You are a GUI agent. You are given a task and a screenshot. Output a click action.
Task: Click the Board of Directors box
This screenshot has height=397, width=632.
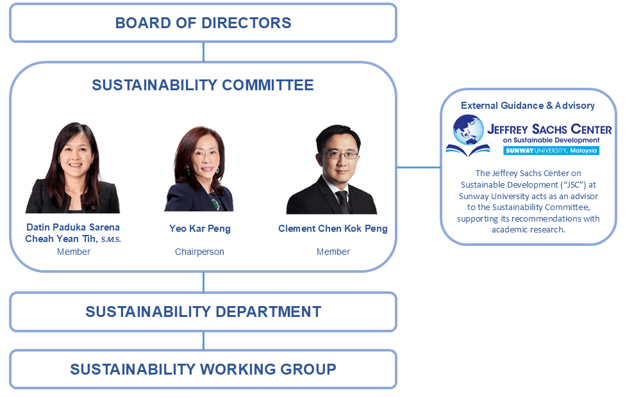[x=203, y=23]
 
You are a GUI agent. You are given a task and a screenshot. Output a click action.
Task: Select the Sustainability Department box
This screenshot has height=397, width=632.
[x=203, y=312]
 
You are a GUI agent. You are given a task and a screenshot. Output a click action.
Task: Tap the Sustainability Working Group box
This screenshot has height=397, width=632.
[x=203, y=369]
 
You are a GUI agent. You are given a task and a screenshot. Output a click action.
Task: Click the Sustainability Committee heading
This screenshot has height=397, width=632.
[x=203, y=85]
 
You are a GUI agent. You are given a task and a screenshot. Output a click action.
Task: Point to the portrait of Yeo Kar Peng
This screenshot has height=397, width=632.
[x=199, y=168]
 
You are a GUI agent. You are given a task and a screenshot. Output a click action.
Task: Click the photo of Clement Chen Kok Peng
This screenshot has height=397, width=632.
[x=332, y=169]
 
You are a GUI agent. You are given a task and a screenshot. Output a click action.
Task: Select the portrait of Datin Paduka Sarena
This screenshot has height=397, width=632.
[x=73, y=168]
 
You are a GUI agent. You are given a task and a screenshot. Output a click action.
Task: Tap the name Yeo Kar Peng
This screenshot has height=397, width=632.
[x=200, y=229]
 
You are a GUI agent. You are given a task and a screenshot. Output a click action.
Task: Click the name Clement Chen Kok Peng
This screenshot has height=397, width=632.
[x=333, y=229]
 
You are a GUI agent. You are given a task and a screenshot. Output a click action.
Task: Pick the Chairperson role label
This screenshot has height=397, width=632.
[x=199, y=252]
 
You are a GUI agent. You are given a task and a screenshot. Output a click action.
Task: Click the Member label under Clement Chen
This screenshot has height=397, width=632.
[x=333, y=252]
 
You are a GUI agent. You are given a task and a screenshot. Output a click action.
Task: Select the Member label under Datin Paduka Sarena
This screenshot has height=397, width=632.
[x=74, y=252]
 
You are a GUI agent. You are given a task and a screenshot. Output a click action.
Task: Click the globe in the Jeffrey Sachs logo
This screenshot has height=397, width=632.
[x=468, y=129]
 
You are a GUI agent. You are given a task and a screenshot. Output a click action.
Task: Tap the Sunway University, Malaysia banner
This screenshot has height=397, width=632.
[x=551, y=150]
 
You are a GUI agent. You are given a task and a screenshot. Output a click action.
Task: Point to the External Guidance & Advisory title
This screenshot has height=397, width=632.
[x=528, y=106]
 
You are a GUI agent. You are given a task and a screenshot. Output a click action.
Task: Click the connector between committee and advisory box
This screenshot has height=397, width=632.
[x=419, y=167]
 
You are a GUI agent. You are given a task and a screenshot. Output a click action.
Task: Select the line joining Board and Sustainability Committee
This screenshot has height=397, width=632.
[x=204, y=52]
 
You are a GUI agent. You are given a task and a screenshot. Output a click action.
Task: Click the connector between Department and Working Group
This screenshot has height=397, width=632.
[x=204, y=341]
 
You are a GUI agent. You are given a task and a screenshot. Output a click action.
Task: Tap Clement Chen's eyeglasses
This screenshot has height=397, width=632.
[x=338, y=154]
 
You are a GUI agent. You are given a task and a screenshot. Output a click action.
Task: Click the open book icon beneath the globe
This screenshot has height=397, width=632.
[x=468, y=150]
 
